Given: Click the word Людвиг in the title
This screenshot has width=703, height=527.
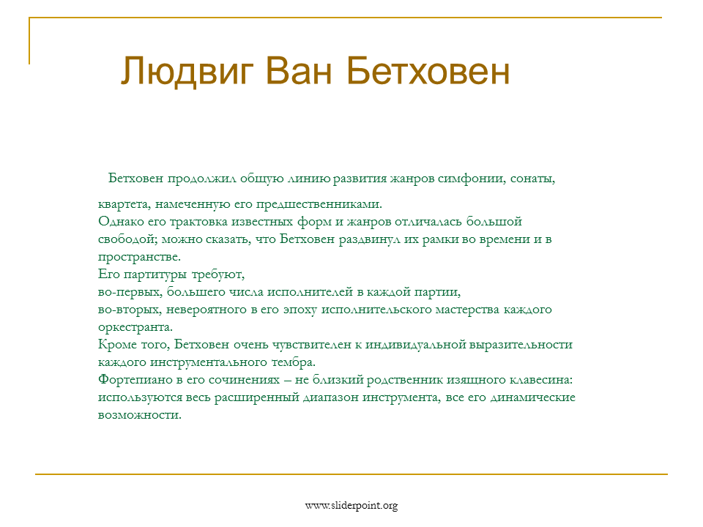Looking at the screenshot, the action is tap(187, 71).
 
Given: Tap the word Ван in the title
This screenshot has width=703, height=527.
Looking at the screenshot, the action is tap(299, 71).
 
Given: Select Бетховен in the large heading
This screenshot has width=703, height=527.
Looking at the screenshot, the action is tap(428, 71).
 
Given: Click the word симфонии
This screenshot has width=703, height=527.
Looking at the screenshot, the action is tap(472, 179).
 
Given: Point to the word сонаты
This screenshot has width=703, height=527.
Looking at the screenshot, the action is tap(532, 179).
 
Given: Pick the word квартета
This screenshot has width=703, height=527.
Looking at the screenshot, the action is tap(124, 204).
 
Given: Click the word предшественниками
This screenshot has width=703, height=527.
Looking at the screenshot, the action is tap(319, 204).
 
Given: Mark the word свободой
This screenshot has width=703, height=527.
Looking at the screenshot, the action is tap(127, 239).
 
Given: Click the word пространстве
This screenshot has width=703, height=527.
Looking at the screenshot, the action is tap(139, 257).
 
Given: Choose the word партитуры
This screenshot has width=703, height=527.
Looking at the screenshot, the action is tap(155, 274).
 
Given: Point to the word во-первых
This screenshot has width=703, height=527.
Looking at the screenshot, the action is tap(130, 292).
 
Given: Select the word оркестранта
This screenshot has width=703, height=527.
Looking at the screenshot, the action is tap(135, 328).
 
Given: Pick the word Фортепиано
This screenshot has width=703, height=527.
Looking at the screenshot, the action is tap(135, 380).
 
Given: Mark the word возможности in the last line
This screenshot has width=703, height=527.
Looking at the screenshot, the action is tap(140, 415).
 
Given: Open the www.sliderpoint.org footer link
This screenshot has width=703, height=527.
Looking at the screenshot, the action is tap(351, 506).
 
